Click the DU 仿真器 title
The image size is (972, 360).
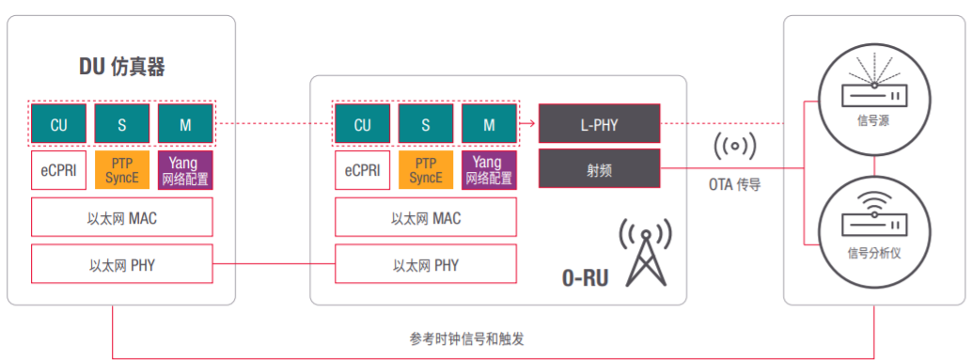tap(123, 67)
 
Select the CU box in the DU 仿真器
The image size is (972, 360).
tap(58, 123)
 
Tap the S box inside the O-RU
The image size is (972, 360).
tap(426, 124)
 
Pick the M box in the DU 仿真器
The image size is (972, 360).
tap(185, 123)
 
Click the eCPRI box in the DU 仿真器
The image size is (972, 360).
tap(58, 170)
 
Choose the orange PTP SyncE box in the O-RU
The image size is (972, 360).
tap(426, 170)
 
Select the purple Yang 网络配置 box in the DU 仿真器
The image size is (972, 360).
tap(185, 170)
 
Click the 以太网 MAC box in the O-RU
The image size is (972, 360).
tap(426, 217)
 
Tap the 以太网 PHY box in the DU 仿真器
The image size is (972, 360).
tap(121, 264)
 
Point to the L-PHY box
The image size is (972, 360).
tap(600, 123)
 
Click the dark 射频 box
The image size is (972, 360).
tap(600, 169)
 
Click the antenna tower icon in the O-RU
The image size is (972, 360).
tap(644, 253)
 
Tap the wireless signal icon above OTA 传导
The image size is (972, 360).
tap(734, 147)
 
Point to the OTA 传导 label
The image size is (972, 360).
tap(734, 185)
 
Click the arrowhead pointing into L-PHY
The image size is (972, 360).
tap(531, 123)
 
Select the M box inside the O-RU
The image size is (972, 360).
tap(489, 124)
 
